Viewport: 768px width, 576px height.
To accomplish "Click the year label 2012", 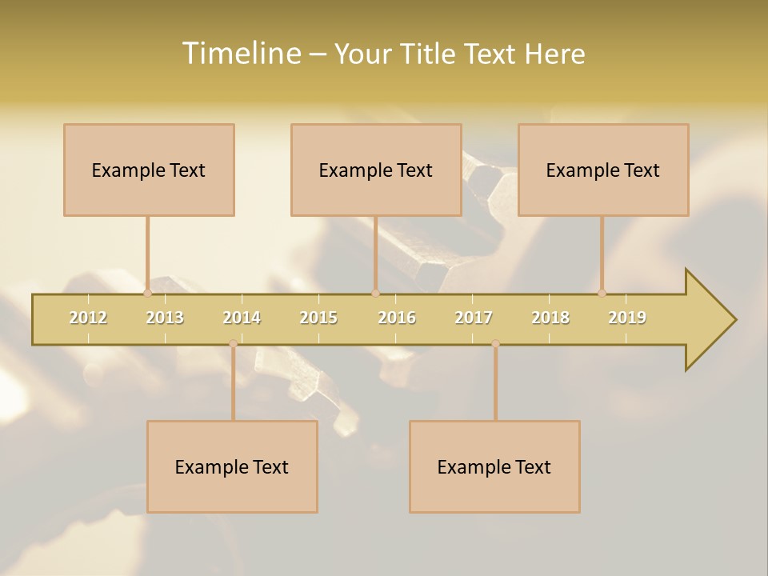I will coord(88,318).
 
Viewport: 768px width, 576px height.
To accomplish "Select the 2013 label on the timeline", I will coord(165,318).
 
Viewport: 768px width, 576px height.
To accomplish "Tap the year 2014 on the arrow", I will coord(242,318).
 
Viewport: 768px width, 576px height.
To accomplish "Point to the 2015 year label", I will coord(318,318).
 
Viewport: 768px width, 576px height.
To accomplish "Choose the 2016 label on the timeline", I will coord(397,318).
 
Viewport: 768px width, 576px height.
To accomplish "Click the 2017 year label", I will coord(474,318).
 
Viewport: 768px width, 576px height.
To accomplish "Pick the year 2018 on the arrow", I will coord(550,318).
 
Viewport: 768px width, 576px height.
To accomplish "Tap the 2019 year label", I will coord(627,318).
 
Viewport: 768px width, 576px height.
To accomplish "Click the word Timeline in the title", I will coord(240,54).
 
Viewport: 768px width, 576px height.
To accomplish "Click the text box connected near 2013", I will coord(149,170).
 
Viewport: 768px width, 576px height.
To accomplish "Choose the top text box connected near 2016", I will coord(376,170).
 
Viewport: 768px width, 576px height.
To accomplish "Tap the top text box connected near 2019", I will coord(603,170).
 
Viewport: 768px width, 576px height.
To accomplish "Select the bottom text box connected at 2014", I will coord(232,466).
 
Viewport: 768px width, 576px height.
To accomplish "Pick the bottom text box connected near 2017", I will coord(494,466).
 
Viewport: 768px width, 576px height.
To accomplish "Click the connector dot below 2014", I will coord(233,344).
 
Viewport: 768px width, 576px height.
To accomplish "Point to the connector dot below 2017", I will coord(495,344).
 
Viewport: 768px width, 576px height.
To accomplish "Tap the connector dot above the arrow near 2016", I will coord(375,293).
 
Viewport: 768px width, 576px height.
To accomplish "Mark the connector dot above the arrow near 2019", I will coord(602,293).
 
